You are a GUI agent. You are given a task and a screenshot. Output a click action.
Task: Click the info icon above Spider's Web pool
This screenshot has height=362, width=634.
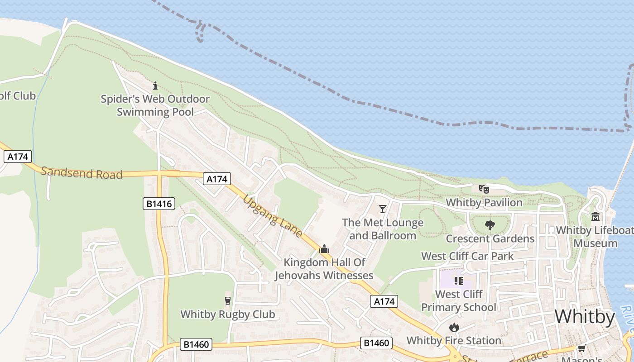click(155, 86)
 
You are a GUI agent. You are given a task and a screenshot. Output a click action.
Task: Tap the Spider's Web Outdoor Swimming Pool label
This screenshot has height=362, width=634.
click(155, 105)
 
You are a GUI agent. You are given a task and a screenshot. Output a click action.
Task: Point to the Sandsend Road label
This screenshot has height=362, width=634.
click(82, 173)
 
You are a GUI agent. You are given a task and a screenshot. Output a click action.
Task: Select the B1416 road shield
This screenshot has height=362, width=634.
click(159, 204)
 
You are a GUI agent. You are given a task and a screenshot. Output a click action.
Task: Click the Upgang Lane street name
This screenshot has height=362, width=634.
click(273, 216)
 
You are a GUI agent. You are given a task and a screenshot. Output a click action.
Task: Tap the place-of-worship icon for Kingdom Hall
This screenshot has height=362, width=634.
click(324, 249)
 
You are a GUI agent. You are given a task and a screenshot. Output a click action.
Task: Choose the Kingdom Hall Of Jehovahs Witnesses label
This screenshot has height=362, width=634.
click(324, 269)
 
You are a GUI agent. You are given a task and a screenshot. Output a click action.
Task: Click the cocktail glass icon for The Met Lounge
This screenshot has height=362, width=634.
click(383, 209)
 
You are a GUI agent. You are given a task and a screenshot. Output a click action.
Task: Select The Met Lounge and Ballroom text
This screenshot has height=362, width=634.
click(383, 229)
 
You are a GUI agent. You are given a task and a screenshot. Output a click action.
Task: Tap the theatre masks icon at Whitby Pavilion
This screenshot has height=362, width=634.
click(484, 189)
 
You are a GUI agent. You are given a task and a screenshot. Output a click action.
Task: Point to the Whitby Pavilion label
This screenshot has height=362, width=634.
click(484, 202)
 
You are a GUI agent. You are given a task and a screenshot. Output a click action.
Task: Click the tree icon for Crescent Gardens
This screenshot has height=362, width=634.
click(490, 225)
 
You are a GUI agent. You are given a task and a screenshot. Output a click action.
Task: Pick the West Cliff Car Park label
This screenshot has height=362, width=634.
click(467, 256)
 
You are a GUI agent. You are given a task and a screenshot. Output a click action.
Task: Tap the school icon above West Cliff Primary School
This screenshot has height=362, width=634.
click(458, 281)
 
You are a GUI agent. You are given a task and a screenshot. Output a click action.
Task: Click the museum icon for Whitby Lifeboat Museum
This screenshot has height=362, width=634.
click(596, 217)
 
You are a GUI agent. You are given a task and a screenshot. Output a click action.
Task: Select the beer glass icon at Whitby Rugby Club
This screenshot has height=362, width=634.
click(228, 301)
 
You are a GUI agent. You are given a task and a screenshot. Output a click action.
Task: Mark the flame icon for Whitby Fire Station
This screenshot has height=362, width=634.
click(454, 327)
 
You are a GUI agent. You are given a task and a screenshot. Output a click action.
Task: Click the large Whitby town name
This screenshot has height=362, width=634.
click(585, 316)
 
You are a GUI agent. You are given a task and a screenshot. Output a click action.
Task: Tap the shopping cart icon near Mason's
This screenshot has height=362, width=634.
click(581, 348)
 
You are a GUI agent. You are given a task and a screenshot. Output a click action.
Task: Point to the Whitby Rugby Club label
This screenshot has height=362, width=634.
click(228, 314)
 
